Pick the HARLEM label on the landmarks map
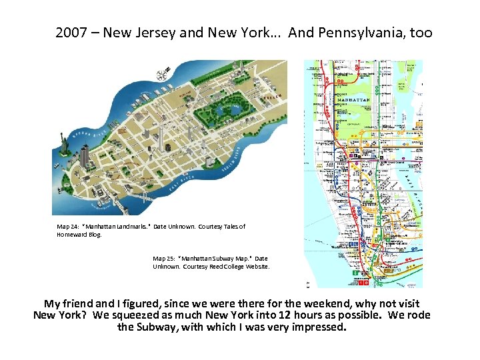pyautogui.click(x=269, y=96)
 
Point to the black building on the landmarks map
pyautogui.click(x=167, y=146)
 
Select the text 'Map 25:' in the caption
pyautogui.click(x=164, y=258)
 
